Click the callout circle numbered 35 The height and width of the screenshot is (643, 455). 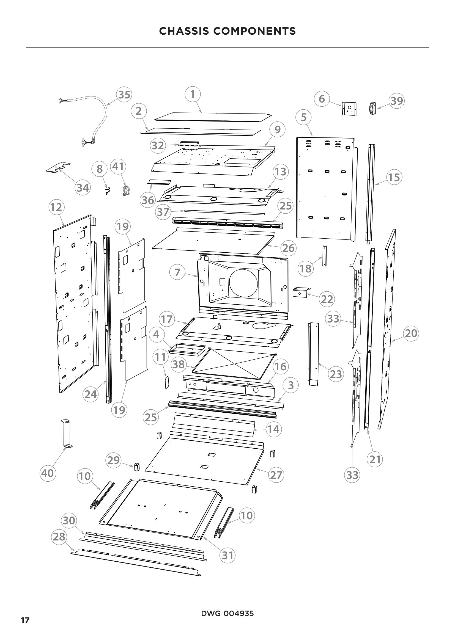coord(124,94)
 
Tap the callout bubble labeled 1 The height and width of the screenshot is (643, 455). coord(193,94)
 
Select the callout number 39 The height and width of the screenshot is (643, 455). coord(397,101)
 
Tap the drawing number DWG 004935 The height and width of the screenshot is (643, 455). coord(227,613)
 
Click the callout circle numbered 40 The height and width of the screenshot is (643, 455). coord(47,473)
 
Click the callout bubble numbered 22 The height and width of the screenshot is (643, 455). coord(327,299)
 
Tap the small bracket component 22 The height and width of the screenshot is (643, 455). coord(300,292)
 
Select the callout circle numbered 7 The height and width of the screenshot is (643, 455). coord(177,272)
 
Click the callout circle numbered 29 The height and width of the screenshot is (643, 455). coord(113,460)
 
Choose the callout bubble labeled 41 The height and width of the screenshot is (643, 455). coord(118,167)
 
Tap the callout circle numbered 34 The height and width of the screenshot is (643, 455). coord(83,187)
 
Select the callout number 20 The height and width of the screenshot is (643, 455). coord(411,333)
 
